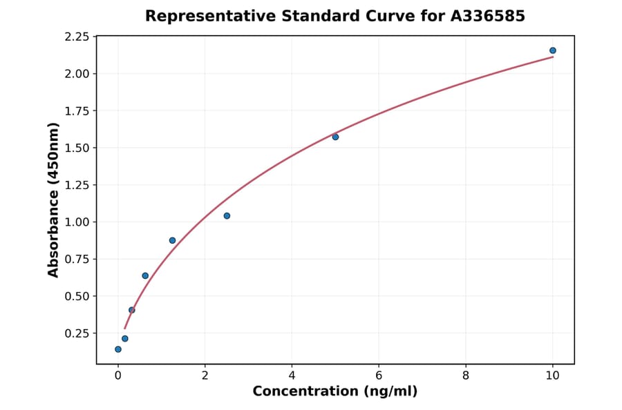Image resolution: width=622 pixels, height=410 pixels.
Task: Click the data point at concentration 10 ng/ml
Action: tap(553, 50)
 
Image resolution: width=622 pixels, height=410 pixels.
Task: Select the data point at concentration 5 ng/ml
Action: tap(335, 137)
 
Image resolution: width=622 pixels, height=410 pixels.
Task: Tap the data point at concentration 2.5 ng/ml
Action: tap(227, 216)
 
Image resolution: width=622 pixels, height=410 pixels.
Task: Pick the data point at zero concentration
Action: tap(118, 349)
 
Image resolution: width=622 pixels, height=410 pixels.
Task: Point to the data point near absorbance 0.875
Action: tap(172, 240)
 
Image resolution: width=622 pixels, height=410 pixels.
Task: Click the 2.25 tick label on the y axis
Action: tap(76, 37)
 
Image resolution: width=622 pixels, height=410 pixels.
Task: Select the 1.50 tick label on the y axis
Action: tap(76, 148)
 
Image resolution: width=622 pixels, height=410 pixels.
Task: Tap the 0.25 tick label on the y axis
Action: tap(76, 333)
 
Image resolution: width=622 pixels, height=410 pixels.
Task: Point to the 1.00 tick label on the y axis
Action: tap(76, 222)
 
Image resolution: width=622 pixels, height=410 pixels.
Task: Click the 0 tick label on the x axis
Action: tap(118, 375)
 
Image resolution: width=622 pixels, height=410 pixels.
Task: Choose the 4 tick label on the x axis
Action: tap(292, 375)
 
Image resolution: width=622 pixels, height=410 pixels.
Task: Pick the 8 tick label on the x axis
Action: tap(466, 375)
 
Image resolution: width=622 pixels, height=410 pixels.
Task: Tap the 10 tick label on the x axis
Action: tap(553, 375)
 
